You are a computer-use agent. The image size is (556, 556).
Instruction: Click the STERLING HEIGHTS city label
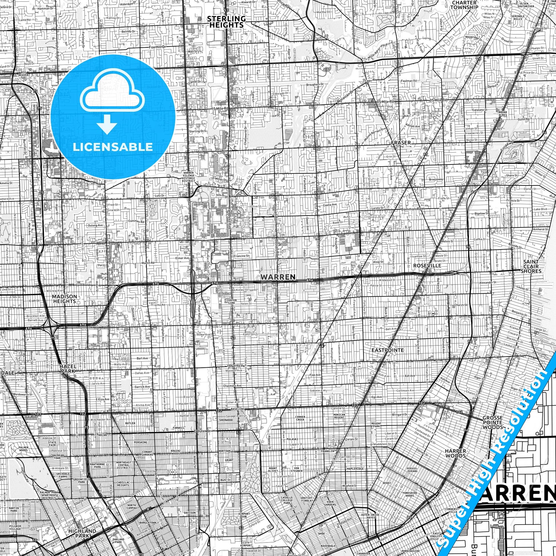point(226,22)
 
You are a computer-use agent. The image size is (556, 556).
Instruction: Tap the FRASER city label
point(400,143)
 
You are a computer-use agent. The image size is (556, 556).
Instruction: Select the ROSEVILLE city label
point(427,266)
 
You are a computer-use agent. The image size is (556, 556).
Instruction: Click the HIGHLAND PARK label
point(82,525)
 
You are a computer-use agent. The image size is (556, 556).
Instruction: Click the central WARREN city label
point(278,277)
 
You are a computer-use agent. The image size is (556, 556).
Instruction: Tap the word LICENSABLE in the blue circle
point(113,147)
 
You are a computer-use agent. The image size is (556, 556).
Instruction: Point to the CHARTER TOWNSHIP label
point(465,5)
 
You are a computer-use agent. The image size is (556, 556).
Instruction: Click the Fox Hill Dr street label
point(158,47)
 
